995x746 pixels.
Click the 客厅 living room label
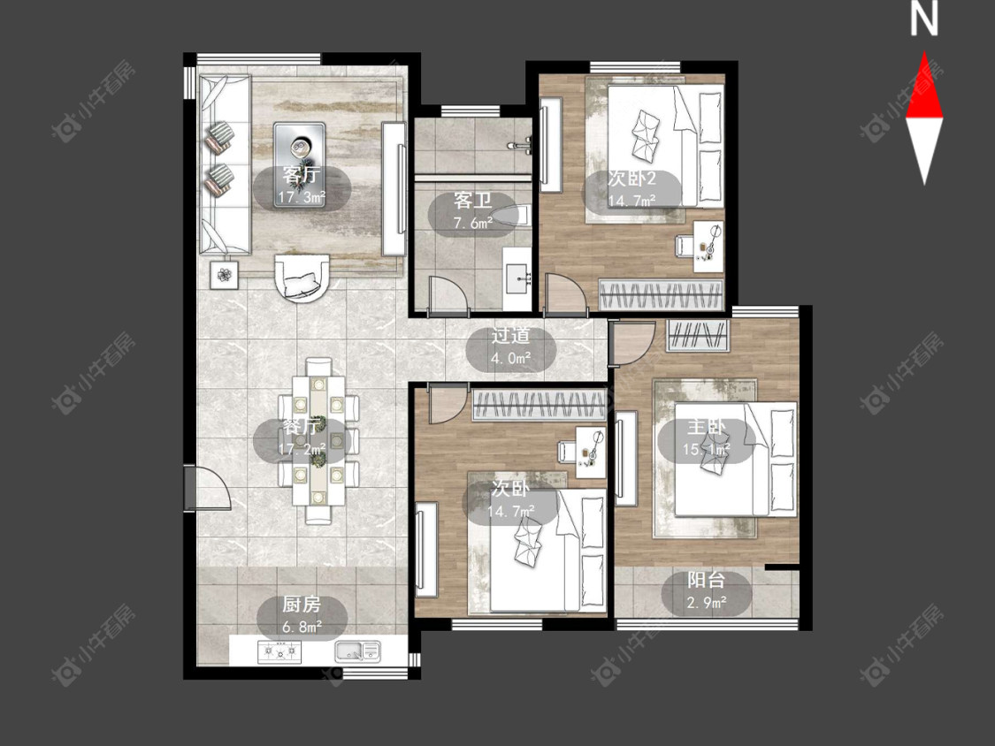(302, 174)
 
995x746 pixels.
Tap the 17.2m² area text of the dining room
(302, 449)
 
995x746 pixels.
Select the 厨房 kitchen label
(302, 604)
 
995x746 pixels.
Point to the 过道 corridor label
(511, 336)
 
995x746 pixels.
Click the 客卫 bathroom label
(473, 202)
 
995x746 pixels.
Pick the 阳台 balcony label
(707, 580)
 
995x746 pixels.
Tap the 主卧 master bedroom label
(707, 428)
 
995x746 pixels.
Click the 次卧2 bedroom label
(631, 179)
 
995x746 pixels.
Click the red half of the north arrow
(924, 88)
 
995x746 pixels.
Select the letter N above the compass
(924, 19)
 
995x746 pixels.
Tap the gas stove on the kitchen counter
(279, 651)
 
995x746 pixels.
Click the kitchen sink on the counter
(358, 651)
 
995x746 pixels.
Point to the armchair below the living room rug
(302, 278)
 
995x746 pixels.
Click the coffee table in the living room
(300, 164)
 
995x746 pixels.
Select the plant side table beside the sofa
(225, 275)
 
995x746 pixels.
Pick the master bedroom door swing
(631, 344)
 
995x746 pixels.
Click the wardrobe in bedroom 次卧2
(662, 295)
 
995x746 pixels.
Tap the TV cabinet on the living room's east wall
(394, 189)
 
